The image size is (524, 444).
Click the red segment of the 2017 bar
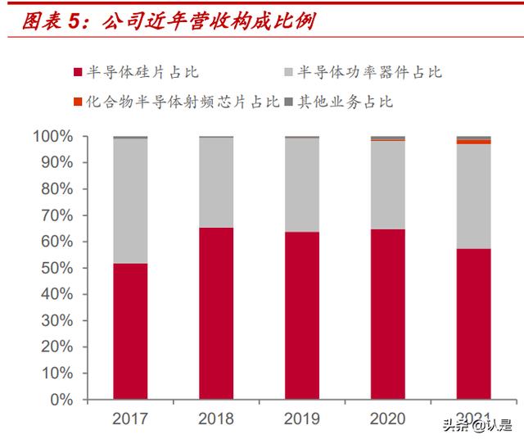130,332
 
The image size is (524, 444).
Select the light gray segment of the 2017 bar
130,201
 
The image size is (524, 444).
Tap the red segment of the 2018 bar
216,314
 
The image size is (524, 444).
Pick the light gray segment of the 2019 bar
302,185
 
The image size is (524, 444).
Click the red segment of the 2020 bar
387,315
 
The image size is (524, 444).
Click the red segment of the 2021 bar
473,324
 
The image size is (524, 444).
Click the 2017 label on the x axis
130,419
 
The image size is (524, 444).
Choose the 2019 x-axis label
302,419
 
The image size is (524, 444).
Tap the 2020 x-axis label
387,419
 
